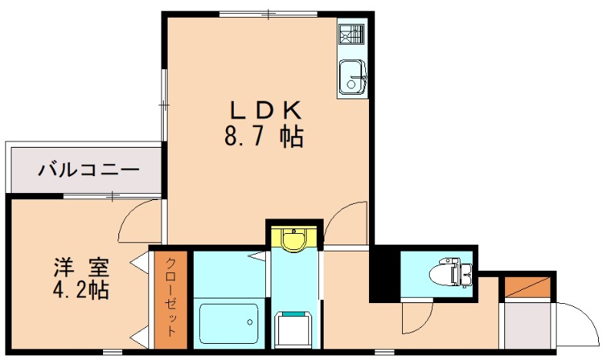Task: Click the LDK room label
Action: [x=265, y=110]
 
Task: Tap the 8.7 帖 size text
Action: [x=264, y=137]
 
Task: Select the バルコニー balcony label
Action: [x=88, y=170]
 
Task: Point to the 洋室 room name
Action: [x=81, y=268]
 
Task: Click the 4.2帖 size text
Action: [x=81, y=290]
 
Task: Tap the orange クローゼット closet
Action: [x=171, y=299]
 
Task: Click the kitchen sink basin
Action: [x=352, y=77]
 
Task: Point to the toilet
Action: [x=451, y=272]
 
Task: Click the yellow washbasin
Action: [x=294, y=239]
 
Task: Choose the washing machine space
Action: [x=294, y=330]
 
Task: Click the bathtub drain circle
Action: [x=250, y=322]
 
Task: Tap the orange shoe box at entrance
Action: [x=527, y=287]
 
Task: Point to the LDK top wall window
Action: [x=268, y=14]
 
